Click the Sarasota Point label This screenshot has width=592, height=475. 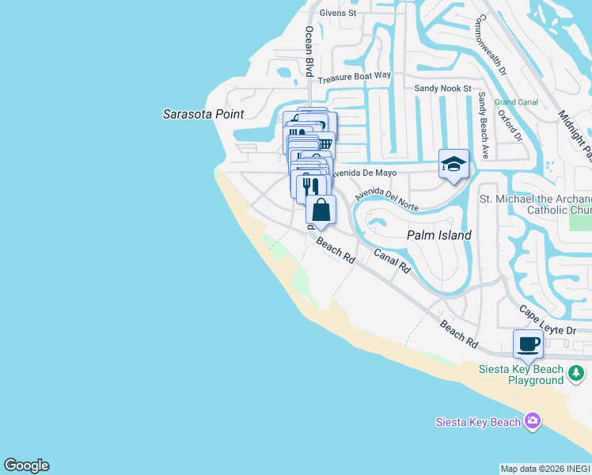pyautogui.click(x=203, y=113)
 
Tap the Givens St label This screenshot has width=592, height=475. pyautogui.click(x=338, y=13)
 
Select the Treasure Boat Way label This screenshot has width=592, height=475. pyautogui.click(x=355, y=77)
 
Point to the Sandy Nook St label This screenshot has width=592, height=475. pyautogui.click(x=443, y=89)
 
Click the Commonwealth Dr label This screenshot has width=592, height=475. pyautogui.click(x=491, y=46)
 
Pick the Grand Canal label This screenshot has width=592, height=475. pyautogui.click(x=516, y=102)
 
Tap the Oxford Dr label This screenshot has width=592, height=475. pyautogui.click(x=509, y=125)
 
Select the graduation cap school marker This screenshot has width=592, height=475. pyautogui.click(x=454, y=165)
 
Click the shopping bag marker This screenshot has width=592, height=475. pyautogui.click(x=321, y=211)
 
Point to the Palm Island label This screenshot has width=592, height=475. pyautogui.click(x=439, y=235)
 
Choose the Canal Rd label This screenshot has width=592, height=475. pyautogui.click(x=392, y=261)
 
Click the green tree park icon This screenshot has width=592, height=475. pyautogui.click(x=577, y=372)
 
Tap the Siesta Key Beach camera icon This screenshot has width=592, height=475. pyautogui.click(x=532, y=421)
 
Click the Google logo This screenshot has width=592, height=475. pyautogui.click(x=27, y=465)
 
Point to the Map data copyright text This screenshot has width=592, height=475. pyautogui.click(x=545, y=469)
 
